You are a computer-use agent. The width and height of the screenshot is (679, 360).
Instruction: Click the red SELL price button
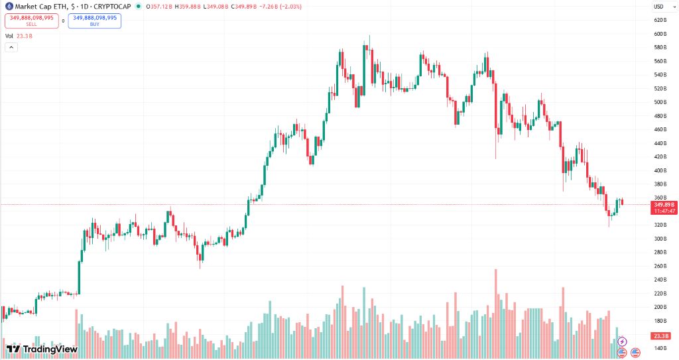point(31,21)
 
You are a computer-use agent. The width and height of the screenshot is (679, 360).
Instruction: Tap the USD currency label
point(658,6)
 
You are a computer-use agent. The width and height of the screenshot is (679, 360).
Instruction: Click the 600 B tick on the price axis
point(659,34)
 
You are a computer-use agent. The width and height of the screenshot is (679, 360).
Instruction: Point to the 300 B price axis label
point(659,239)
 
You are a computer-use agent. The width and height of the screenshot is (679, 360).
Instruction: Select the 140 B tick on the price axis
point(659,348)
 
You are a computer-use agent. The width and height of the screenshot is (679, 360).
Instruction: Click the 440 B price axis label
point(659,143)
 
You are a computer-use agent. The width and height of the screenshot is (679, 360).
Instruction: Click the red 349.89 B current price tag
point(664,205)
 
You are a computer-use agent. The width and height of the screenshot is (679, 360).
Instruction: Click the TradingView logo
point(42,349)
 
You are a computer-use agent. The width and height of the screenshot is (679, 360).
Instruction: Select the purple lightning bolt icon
point(622,341)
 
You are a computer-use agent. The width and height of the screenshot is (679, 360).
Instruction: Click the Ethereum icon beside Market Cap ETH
point(9,6)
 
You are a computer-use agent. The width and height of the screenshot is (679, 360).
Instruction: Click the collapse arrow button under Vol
point(11,47)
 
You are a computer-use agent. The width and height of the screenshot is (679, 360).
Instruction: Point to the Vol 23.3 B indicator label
point(19,36)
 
